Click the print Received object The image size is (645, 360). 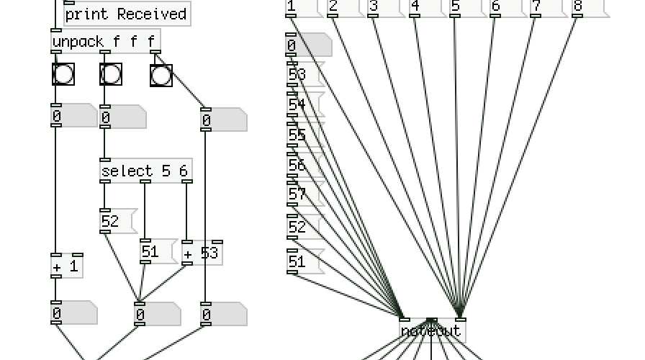(x=127, y=14)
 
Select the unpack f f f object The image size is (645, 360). (x=105, y=41)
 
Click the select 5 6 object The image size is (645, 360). (x=146, y=171)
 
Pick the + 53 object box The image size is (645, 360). (x=202, y=253)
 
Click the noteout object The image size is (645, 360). (x=433, y=331)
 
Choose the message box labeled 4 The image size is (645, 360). (x=424, y=7)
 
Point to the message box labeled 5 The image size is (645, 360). (x=465, y=7)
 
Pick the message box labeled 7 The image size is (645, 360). (x=546, y=7)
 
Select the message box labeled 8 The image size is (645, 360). (x=587, y=7)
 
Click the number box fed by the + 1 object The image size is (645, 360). (x=73, y=314)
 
